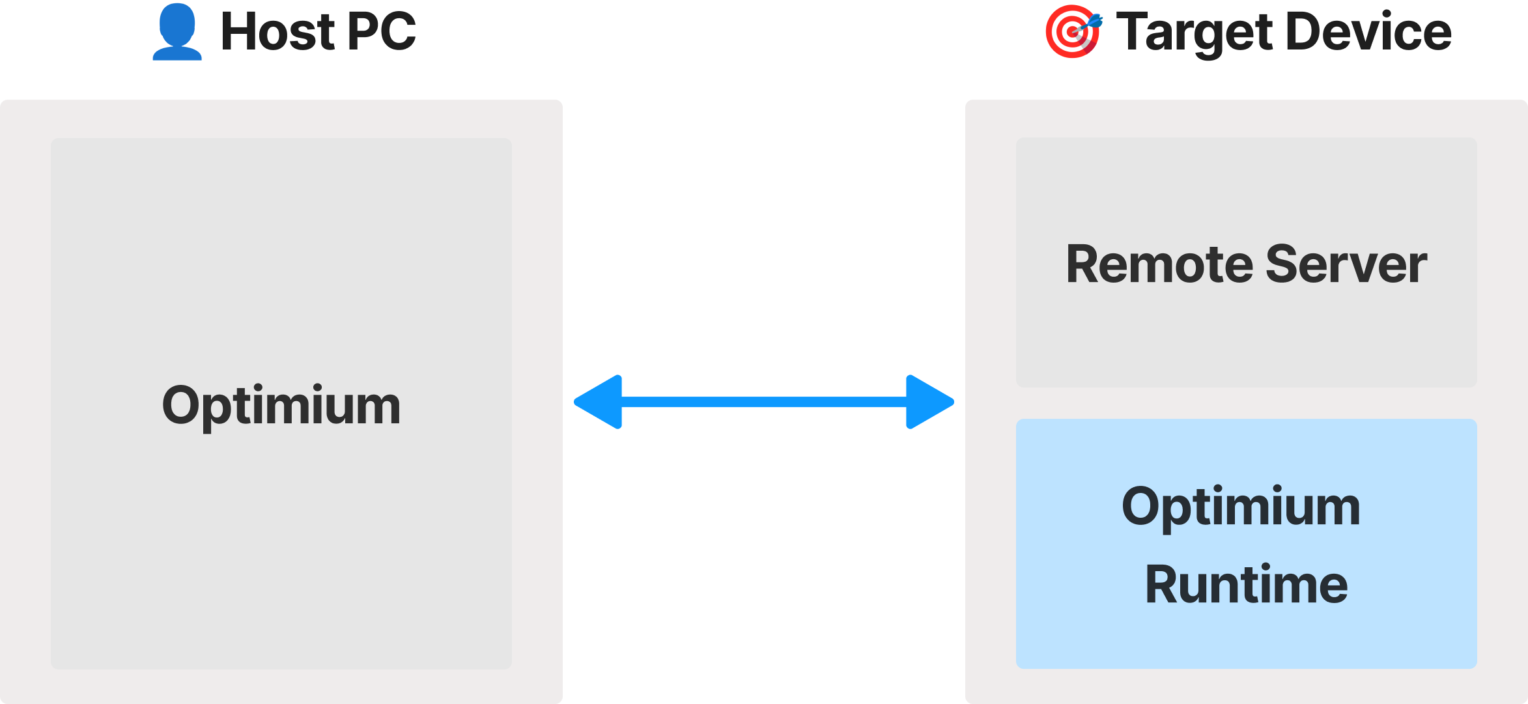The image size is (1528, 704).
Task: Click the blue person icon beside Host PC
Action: [x=177, y=32]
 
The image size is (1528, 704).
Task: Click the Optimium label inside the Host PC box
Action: [x=281, y=406]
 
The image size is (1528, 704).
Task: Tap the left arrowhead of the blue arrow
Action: [x=598, y=402]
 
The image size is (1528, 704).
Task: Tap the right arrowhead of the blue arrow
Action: [x=930, y=402]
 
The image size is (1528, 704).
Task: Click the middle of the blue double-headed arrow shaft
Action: [x=764, y=402]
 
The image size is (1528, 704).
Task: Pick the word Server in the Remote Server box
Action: [x=1347, y=264]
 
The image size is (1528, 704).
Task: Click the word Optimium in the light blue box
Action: [x=1241, y=508]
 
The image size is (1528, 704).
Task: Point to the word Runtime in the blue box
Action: [x=1247, y=584]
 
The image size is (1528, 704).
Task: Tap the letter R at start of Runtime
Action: [x=1163, y=584]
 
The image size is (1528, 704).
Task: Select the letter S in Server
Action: [x=1284, y=264]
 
